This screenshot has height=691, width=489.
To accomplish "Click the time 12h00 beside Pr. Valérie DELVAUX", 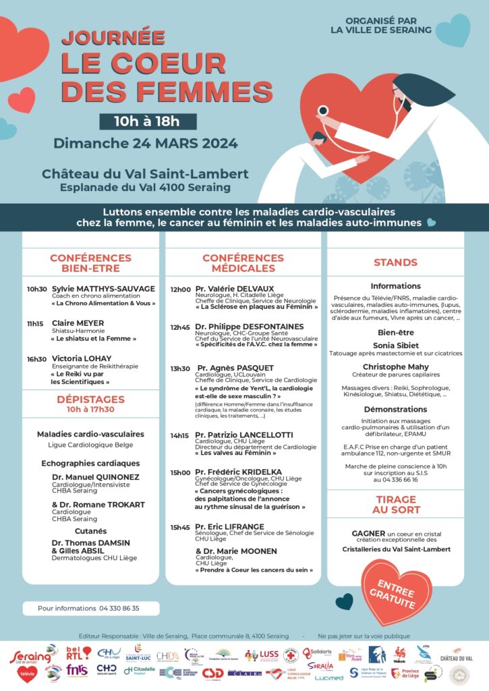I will pos(180,289).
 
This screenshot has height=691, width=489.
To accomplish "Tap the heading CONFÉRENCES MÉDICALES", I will pos(243,263).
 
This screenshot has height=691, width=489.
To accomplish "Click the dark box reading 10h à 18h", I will pos(148,121).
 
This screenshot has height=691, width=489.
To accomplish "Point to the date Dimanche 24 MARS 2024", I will pos(146,143).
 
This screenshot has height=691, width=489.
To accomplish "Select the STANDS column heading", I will pos(395,262).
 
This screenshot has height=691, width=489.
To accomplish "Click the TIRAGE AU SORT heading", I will pos(395,504).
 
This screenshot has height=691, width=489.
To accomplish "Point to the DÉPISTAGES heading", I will pos(90,399).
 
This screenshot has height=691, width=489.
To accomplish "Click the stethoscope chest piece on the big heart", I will pos(324,110).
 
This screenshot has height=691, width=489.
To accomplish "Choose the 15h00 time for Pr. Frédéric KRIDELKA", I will pos(180,473).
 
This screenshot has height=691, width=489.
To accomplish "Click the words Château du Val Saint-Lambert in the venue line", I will pos(145,174).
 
